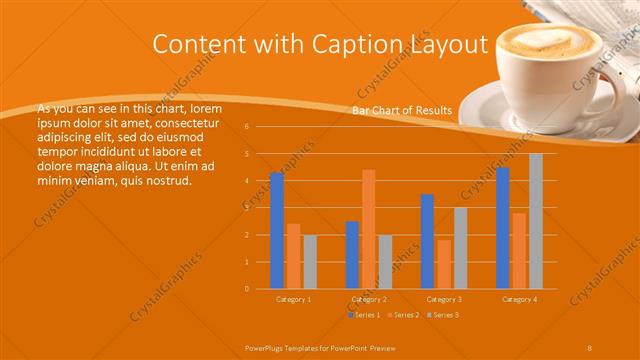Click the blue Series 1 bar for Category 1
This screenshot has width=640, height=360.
click(x=277, y=231)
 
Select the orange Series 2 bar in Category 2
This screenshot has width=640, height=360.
click(x=369, y=229)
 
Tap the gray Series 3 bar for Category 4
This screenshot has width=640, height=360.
click(x=536, y=221)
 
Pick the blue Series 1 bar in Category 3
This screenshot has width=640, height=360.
click(x=427, y=241)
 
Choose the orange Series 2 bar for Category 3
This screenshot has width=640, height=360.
click(x=444, y=264)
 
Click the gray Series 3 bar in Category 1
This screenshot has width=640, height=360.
click(x=310, y=262)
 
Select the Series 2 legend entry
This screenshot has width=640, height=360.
click(x=403, y=315)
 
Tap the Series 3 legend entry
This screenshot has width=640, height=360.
click(x=443, y=315)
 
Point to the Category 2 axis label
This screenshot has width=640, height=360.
click(x=369, y=299)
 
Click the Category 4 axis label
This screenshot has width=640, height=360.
click(x=519, y=299)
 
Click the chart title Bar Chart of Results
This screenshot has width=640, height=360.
click(x=401, y=110)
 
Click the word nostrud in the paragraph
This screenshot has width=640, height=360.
click(x=166, y=180)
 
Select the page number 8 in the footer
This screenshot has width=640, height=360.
click(x=590, y=345)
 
